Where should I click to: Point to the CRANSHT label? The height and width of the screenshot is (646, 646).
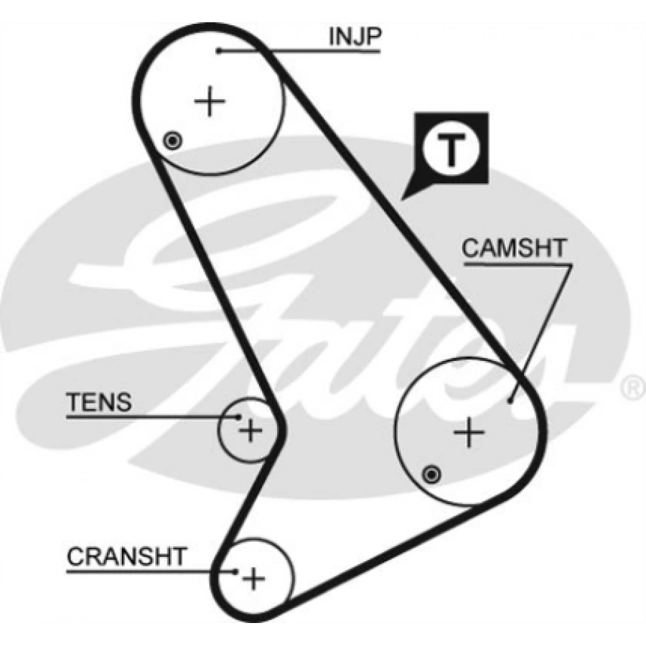coord(126,556)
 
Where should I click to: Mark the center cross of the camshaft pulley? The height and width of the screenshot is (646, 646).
coord(469,433)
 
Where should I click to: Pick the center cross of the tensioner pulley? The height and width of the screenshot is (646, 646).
coord(251,431)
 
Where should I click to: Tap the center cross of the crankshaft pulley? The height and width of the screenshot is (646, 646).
coord(253,579)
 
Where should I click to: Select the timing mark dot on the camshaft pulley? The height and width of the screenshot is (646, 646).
coord(431,474)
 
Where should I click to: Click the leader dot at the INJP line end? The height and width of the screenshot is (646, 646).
coord(219,50)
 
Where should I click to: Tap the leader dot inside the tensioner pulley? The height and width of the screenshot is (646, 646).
coord(238,416)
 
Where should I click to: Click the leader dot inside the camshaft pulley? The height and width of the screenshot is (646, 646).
coord(510,401)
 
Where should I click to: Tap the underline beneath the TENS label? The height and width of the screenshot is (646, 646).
coord(144,416)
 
